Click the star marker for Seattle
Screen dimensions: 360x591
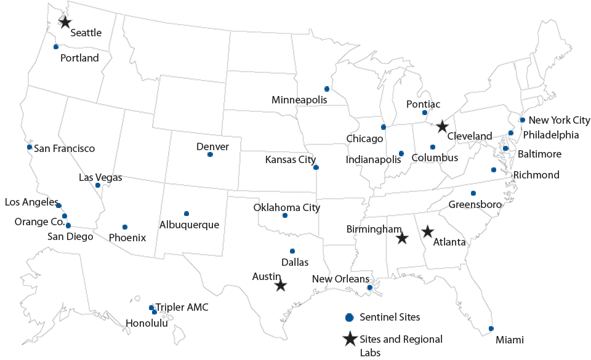coord(65,22)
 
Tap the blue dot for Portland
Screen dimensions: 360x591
coord(56,47)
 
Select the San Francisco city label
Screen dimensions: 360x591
coord(64,148)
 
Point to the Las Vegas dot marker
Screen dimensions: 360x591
coord(98,185)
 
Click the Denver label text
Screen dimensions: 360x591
coord(212,146)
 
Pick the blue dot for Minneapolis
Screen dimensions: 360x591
coord(327,89)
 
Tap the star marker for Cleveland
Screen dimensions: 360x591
coord(442,127)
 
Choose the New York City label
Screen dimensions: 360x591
coord(559,121)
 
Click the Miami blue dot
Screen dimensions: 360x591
coord(491,329)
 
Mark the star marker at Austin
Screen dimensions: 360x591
coord(281,286)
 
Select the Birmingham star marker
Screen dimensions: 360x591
coord(402,238)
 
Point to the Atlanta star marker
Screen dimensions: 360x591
coord(427,232)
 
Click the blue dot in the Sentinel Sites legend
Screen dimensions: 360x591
coord(349,318)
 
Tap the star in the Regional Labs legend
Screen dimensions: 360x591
coord(350,339)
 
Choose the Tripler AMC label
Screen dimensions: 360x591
coord(182,307)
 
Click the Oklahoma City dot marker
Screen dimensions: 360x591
coord(285,215)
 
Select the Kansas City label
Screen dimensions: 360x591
coord(290,160)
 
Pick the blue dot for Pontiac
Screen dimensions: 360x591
coord(425,113)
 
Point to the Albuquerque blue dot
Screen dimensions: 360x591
coord(187,214)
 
